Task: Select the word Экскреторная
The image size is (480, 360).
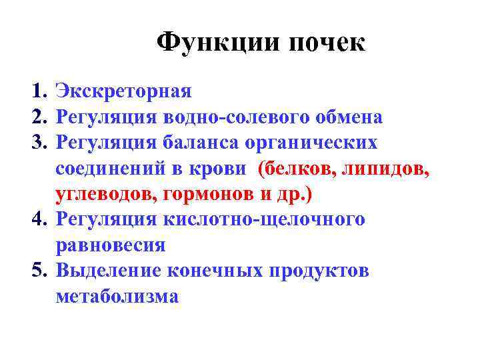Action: [x=124, y=91]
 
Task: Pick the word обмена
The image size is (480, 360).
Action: [x=349, y=117]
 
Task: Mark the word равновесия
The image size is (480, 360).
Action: [x=111, y=245]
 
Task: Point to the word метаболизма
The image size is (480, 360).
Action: [x=117, y=296]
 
